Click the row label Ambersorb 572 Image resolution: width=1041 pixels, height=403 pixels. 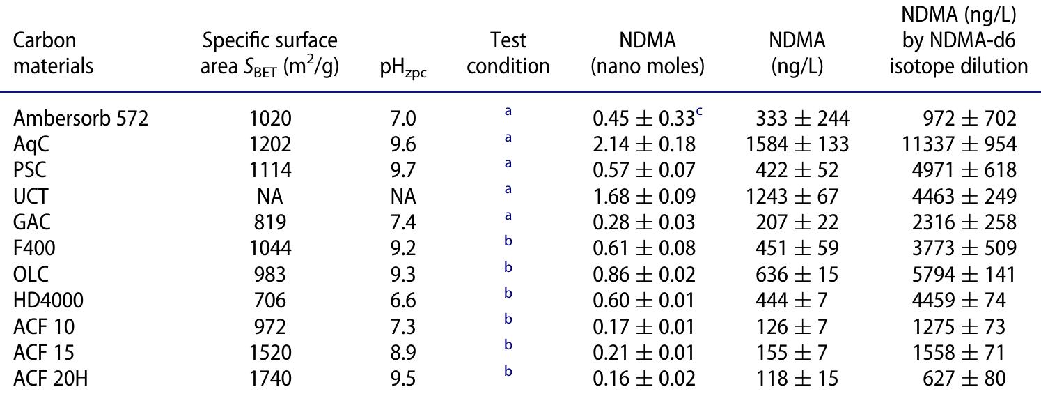click(81, 119)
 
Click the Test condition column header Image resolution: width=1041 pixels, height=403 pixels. click(508, 54)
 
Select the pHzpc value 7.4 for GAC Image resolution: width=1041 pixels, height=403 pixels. click(404, 222)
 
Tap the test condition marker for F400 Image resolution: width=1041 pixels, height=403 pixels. click(508, 244)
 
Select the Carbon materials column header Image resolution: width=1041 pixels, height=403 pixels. click(54, 54)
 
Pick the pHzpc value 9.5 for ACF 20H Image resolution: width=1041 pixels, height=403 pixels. click(404, 379)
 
